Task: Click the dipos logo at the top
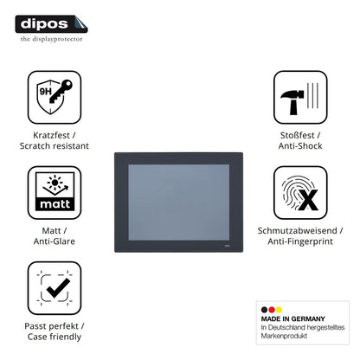click(x=51, y=24)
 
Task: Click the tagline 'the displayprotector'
click(x=51, y=39)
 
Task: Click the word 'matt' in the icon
click(x=55, y=204)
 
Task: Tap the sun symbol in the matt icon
click(x=55, y=182)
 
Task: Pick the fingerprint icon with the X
click(x=300, y=193)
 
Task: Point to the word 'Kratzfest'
click(x=51, y=135)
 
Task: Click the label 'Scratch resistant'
click(x=55, y=146)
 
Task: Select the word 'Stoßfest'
click(x=297, y=135)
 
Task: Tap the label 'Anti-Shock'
click(x=300, y=146)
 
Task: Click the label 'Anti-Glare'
click(x=55, y=241)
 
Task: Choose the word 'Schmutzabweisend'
click(x=297, y=230)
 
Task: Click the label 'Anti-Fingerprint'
click(x=300, y=241)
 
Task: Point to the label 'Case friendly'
click(x=55, y=337)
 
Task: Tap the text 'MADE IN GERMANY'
click(x=292, y=318)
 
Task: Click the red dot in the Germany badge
click(x=272, y=310)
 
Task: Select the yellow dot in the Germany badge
click(x=279, y=310)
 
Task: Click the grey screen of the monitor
click(x=179, y=202)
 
